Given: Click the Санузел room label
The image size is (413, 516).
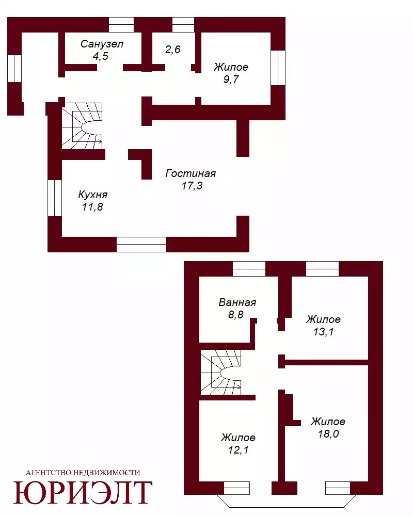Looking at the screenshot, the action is point(102,44).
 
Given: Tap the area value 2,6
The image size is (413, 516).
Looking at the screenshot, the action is point(173,50).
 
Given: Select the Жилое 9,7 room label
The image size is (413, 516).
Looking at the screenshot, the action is point(231,73).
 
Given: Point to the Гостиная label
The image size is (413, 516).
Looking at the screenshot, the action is point(190,173).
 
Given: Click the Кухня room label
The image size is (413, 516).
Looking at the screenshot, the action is point(93,195).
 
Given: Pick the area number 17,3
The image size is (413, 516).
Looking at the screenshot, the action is point(192,186).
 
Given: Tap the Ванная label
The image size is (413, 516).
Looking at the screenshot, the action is point(237,302).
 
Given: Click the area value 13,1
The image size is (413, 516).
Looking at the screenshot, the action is point(323,331).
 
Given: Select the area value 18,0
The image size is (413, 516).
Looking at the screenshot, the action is point(328,434).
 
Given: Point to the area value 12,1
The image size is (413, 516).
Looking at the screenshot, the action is point(239,450).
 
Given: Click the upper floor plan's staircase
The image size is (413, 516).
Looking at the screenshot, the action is point(82,126).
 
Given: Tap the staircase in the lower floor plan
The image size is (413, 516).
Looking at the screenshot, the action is point(221,372).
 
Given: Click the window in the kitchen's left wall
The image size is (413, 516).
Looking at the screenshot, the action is point(55,198).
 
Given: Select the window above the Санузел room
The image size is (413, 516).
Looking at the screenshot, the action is point(121,25).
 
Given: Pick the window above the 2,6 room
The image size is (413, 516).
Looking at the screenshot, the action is point(183,25).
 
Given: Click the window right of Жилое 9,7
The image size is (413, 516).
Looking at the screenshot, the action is point(278,68).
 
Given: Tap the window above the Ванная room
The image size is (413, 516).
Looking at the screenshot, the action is point(249,269).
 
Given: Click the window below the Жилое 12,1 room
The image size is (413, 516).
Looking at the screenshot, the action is point(237,488).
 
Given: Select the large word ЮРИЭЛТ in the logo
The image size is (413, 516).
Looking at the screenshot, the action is point(83,492).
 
